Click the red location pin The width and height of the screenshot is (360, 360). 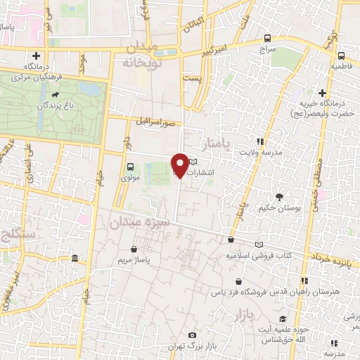(x=180, y=165)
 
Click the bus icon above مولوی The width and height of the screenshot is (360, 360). (x=129, y=167)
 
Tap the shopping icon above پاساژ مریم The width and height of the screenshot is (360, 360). (x=134, y=248)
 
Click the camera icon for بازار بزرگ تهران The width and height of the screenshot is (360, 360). (x=193, y=335)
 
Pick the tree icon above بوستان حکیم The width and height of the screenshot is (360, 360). (x=280, y=197)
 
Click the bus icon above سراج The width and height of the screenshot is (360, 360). (x=267, y=38)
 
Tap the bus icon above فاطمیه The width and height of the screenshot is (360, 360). (x=341, y=56)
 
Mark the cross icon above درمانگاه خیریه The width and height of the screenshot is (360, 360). (x=322, y=92)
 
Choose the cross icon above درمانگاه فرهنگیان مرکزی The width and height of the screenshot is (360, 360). (x=36, y=56)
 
